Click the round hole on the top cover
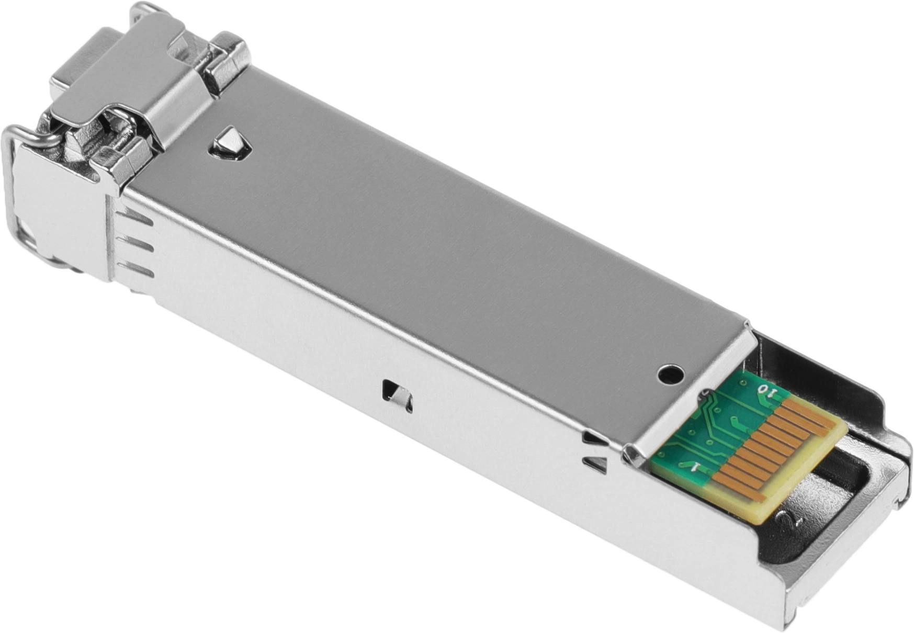[x=670, y=375]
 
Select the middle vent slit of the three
[x=134, y=245]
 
